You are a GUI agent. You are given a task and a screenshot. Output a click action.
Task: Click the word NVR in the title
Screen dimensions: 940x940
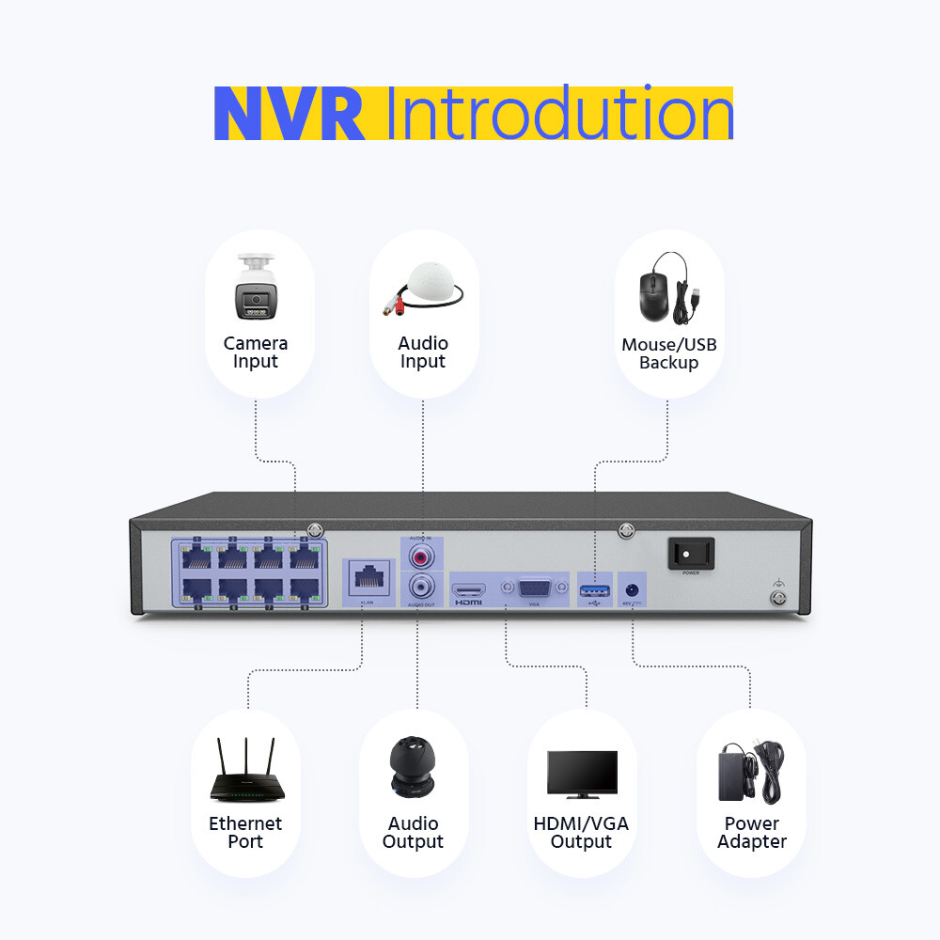pyautogui.click(x=289, y=114)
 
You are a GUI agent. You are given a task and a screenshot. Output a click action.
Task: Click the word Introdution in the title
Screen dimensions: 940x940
pyautogui.click(x=558, y=114)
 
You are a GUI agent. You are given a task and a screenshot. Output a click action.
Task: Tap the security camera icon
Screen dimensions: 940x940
pyautogui.click(x=257, y=286)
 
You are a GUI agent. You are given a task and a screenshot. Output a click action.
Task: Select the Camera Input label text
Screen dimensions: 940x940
pyautogui.click(x=256, y=352)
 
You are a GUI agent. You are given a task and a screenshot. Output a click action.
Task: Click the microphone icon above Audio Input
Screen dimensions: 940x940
pyautogui.click(x=424, y=289)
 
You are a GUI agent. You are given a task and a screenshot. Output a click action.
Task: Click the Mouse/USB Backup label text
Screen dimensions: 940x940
pyautogui.click(x=669, y=353)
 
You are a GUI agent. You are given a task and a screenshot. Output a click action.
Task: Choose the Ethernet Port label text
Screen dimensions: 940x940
pyautogui.click(x=245, y=833)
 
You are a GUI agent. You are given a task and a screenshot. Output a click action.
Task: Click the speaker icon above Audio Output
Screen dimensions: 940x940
pyautogui.click(x=413, y=766)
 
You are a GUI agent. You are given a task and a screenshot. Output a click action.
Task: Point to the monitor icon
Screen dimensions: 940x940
pyautogui.click(x=582, y=774)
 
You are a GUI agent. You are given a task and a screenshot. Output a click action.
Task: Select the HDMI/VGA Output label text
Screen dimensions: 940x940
pyautogui.click(x=581, y=833)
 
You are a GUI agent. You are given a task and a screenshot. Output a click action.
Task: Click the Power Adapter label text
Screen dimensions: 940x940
pyautogui.click(x=752, y=833)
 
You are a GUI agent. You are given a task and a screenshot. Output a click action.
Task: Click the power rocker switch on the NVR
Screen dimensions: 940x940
pyautogui.click(x=691, y=553)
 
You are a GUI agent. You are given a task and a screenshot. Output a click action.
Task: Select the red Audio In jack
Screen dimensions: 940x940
pyautogui.click(x=419, y=556)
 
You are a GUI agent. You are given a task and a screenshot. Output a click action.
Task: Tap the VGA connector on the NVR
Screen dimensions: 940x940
pyautogui.click(x=536, y=588)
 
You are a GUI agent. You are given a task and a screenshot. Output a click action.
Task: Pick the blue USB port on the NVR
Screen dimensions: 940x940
pyautogui.click(x=594, y=589)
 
